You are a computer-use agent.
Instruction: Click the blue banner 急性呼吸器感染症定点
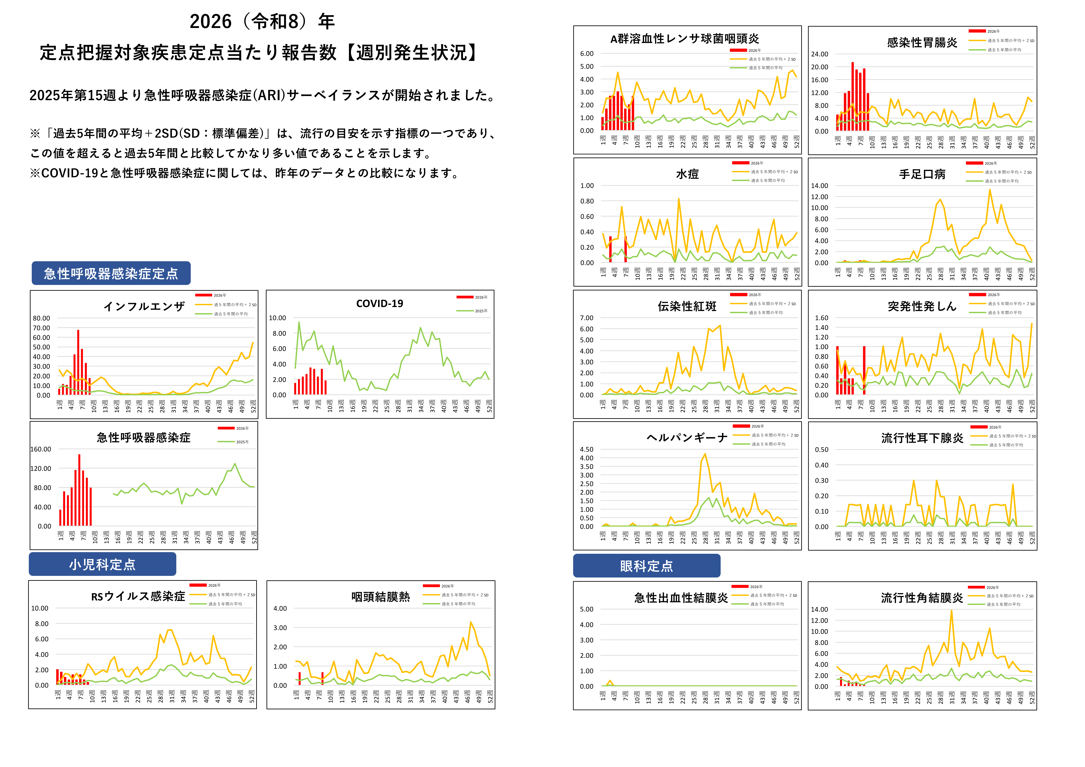[111, 273]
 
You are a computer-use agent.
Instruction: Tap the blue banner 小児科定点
[102, 564]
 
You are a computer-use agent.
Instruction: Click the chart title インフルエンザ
[144, 306]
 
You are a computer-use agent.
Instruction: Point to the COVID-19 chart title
[380, 303]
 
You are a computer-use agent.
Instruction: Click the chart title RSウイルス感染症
[138, 596]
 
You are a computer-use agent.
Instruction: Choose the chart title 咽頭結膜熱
[380, 597]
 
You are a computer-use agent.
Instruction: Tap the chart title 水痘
[687, 174]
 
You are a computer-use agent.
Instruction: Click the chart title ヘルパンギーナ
[687, 438]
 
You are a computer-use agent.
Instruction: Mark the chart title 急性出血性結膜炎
[681, 598]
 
